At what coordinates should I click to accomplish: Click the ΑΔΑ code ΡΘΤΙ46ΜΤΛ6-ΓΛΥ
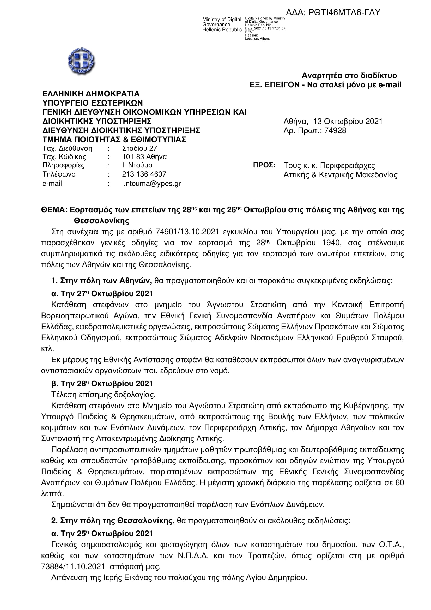(333, 13)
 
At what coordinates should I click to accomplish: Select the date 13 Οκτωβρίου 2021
(348, 122)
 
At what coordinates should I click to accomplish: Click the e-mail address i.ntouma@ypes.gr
(151, 183)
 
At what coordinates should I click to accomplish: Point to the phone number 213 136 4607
(144, 174)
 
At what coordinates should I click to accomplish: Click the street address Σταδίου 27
(139, 148)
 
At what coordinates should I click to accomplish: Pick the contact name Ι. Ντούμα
(137, 165)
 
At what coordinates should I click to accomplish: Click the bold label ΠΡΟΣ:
(264, 165)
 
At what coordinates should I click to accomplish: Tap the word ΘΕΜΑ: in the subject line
(54, 210)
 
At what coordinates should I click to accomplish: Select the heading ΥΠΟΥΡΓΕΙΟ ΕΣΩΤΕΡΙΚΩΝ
(92, 103)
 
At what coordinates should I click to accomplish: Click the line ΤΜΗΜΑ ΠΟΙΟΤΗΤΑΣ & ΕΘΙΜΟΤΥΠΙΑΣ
(114, 140)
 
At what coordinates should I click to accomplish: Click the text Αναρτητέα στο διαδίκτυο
(349, 76)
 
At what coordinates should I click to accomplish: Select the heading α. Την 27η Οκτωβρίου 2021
(102, 294)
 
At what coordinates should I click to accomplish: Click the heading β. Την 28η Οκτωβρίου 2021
(102, 383)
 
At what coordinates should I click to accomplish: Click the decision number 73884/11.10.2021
(73, 567)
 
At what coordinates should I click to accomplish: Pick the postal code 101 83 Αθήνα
(144, 157)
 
